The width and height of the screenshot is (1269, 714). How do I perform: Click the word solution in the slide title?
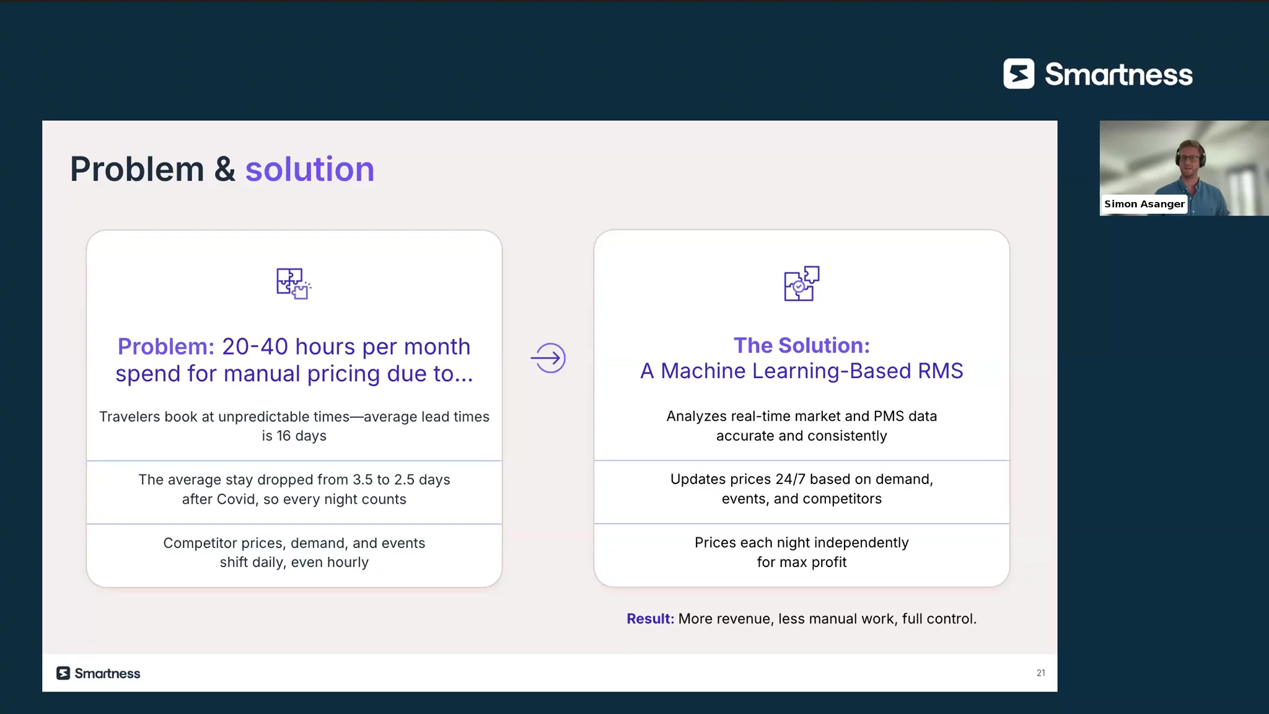[x=310, y=169]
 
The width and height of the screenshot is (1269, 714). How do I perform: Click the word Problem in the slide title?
[x=137, y=169]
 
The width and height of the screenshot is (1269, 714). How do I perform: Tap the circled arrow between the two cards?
[x=548, y=358]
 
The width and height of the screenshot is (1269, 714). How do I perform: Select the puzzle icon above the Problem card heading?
[x=294, y=284]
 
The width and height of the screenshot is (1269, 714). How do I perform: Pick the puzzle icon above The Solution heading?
[x=802, y=283]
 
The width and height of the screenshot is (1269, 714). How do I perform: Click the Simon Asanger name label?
[x=1144, y=204]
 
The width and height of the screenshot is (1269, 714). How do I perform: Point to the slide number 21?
[x=1041, y=673]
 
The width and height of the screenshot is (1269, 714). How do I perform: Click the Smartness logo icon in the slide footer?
[x=63, y=673]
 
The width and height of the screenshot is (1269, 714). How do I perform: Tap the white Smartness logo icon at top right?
[x=1019, y=74]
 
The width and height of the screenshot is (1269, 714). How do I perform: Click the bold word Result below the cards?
[x=650, y=619]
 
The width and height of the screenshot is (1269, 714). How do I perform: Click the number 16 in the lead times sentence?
[x=284, y=436]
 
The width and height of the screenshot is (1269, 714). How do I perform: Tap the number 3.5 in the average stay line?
[x=362, y=480]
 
